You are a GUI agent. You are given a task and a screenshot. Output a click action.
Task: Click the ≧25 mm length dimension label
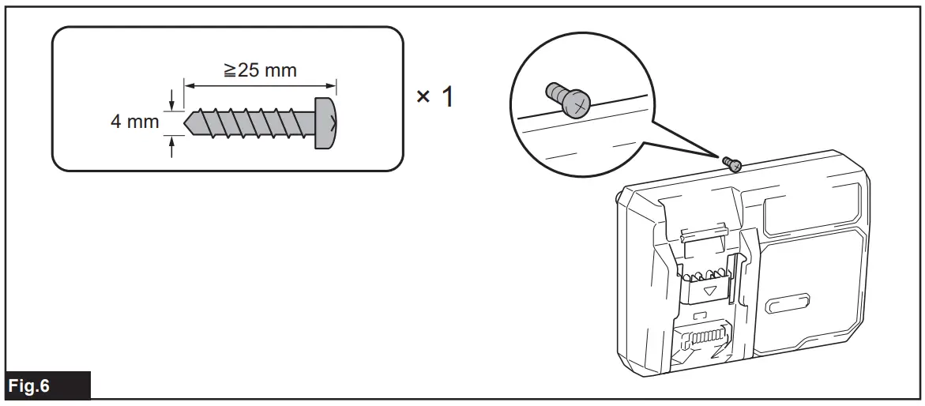pos(259,70)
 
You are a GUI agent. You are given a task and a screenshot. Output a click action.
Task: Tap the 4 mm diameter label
pos(135,123)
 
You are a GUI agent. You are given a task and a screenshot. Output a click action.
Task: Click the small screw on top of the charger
pos(732,164)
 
